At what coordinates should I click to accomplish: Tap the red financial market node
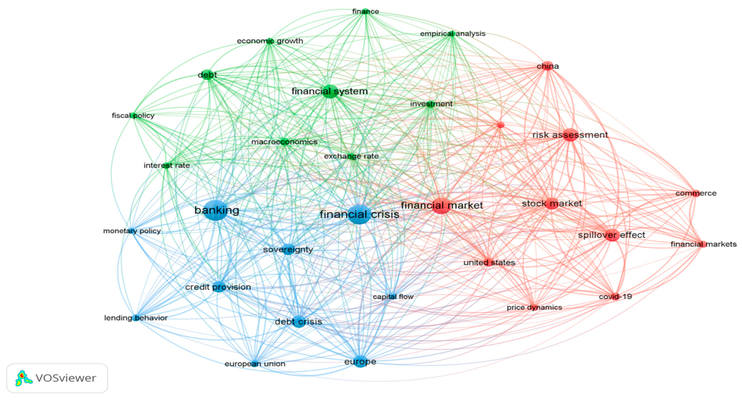pos(441,206)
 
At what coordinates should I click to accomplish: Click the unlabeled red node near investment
pos(501,125)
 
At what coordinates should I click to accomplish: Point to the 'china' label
pos(548,66)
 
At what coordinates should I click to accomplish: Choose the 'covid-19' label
pos(615,297)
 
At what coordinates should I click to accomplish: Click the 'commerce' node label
pos(696,193)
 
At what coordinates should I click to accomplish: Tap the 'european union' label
pos(255,364)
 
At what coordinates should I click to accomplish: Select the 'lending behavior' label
pos(136,318)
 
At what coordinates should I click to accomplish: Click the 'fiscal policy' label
pos(133,116)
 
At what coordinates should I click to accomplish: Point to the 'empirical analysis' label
pos(452,34)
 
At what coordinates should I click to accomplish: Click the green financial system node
pos(330,92)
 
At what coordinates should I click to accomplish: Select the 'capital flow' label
pos(393,297)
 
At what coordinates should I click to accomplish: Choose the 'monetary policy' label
pos(132,231)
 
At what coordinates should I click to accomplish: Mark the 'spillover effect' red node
pos(612,235)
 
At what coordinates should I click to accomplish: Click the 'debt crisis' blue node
pos(299,321)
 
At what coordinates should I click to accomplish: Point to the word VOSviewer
pos(66,378)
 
